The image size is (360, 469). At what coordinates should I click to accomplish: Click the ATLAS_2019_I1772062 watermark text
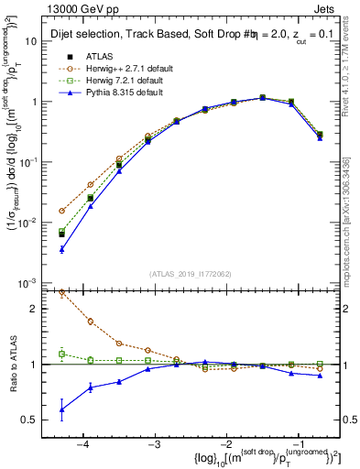pyautogui.click(x=189, y=272)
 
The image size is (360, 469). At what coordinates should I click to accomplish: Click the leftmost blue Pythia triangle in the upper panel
pyautogui.click(x=61, y=249)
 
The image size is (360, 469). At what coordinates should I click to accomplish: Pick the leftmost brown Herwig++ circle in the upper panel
pyautogui.click(x=61, y=211)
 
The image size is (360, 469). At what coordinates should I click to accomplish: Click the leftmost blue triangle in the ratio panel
pyautogui.click(x=61, y=409)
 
